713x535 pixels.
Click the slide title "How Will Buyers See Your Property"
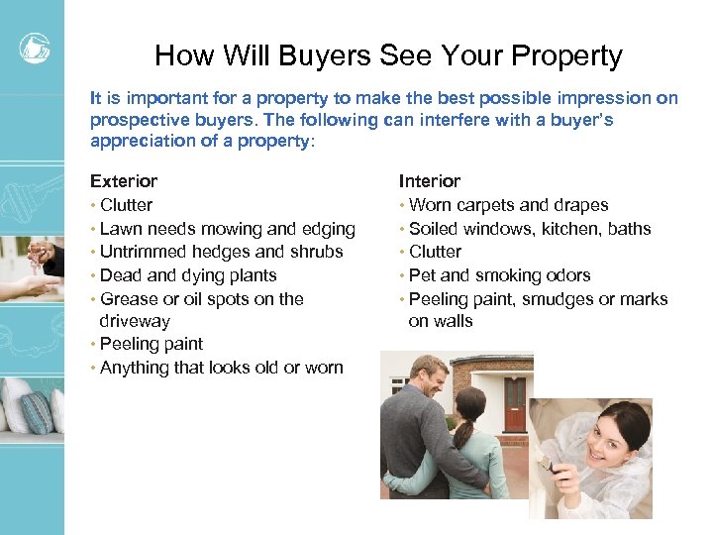pyautogui.click(x=388, y=55)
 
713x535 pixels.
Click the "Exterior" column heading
pyautogui.click(x=124, y=181)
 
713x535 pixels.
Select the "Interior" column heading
pyautogui.click(x=430, y=181)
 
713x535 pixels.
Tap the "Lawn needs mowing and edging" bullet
pyautogui.click(x=227, y=229)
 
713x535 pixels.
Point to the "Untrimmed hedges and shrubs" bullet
pyautogui.click(x=221, y=252)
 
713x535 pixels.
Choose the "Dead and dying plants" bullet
pyautogui.click(x=188, y=275)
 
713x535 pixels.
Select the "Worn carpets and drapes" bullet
pyautogui.click(x=508, y=205)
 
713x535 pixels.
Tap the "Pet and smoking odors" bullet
pyautogui.click(x=499, y=275)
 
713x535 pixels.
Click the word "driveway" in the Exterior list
pyautogui.click(x=135, y=321)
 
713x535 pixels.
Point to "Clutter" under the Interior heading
pyautogui.click(x=435, y=252)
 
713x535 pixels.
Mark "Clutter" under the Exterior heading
pyautogui.click(x=126, y=205)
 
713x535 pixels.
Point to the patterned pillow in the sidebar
pyautogui.click(x=37, y=405)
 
